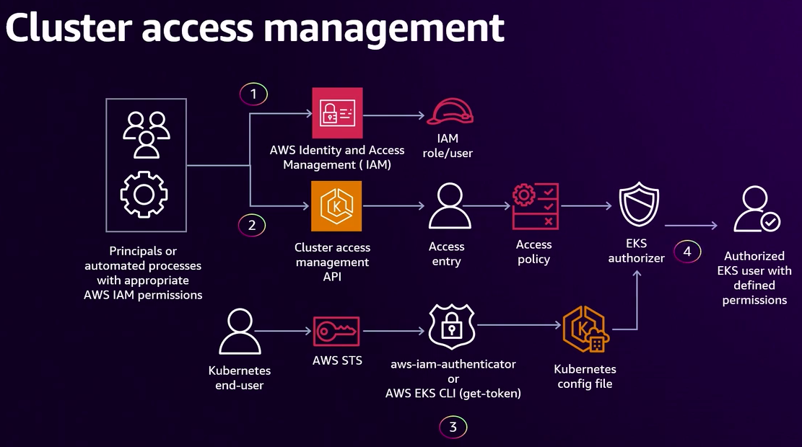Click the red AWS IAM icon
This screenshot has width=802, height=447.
pyautogui.click(x=337, y=113)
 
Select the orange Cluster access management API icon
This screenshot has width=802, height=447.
pyautogui.click(x=336, y=206)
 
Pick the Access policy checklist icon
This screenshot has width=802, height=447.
pyautogui.click(x=535, y=206)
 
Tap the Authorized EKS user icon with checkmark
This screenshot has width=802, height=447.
pyautogui.click(x=755, y=210)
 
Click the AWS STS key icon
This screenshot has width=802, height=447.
pyautogui.click(x=336, y=332)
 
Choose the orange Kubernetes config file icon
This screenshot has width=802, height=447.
pyautogui.click(x=585, y=330)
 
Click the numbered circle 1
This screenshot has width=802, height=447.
pyautogui.click(x=253, y=94)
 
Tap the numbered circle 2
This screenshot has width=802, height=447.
pyautogui.click(x=252, y=225)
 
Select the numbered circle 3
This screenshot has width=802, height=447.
pyautogui.click(x=453, y=427)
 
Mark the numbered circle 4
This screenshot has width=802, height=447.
pyautogui.click(x=687, y=252)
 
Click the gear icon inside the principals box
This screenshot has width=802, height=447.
pyautogui.click(x=144, y=194)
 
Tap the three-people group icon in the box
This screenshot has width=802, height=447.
pyautogui.click(x=146, y=134)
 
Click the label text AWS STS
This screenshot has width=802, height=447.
pyautogui.click(x=336, y=360)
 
